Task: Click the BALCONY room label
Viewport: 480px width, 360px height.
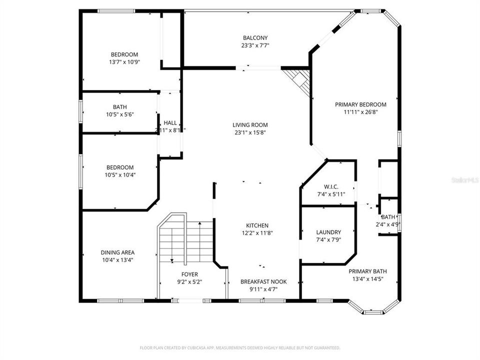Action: (x=255, y=38)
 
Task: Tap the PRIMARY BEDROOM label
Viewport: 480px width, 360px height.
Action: (x=360, y=104)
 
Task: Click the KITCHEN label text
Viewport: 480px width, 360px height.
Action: (x=257, y=225)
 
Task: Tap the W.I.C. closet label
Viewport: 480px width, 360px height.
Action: (x=328, y=187)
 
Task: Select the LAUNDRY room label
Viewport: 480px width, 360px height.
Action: (x=328, y=232)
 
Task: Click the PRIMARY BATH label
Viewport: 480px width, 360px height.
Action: (x=367, y=271)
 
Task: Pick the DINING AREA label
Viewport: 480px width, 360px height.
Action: (x=117, y=252)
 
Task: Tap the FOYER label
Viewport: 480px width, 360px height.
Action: (x=189, y=274)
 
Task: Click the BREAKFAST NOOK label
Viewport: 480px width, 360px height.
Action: (x=263, y=281)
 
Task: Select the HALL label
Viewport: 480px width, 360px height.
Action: (x=170, y=123)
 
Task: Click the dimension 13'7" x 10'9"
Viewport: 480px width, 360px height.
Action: (x=124, y=62)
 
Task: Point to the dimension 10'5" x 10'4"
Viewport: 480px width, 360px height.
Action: (x=120, y=175)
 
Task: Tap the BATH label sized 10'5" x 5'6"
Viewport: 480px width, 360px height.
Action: (x=119, y=107)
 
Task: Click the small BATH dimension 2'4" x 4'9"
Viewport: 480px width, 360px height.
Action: (x=388, y=224)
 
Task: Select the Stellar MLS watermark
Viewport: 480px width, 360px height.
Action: (x=464, y=178)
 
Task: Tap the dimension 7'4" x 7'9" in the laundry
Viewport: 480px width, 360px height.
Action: (x=328, y=240)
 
